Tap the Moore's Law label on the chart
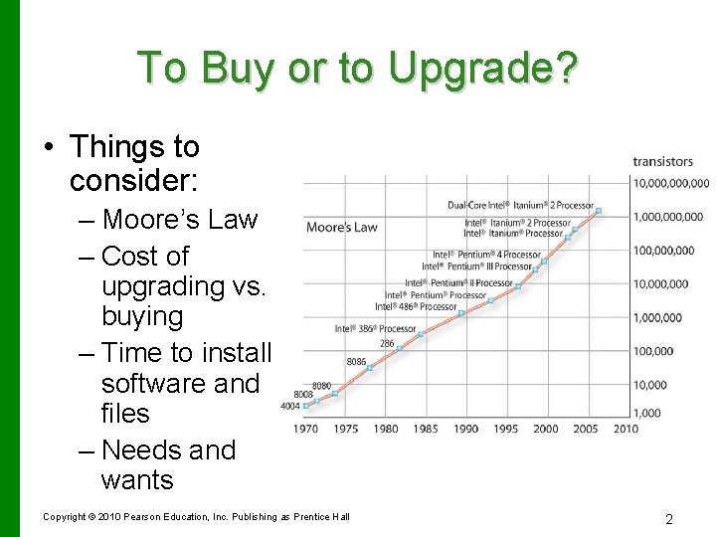(342, 227)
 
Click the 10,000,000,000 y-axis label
(671, 183)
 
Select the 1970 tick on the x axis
(306, 429)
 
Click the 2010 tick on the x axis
(626, 429)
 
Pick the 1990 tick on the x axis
(465, 429)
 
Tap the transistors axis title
(663, 162)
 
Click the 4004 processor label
(289, 406)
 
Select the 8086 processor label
(356, 361)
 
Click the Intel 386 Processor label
(376, 328)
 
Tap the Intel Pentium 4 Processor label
(486, 255)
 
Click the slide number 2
(668, 519)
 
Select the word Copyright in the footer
(65, 517)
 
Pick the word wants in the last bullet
(137, 479)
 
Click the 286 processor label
(387, 344)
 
